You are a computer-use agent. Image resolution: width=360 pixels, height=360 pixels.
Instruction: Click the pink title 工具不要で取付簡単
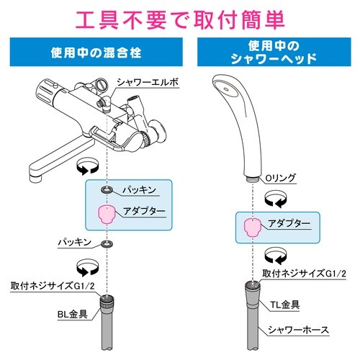180,16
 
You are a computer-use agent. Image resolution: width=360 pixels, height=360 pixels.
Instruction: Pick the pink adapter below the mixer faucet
107,213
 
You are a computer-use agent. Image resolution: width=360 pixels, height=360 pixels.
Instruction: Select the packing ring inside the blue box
107,189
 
